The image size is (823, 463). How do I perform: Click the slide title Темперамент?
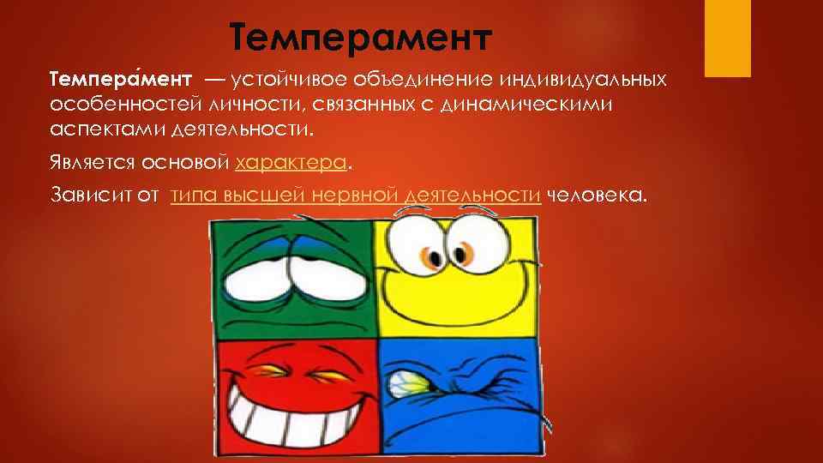pyautogui.click(x=363, y=39)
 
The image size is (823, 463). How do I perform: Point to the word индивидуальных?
pyautogui.click(x=578, y=80)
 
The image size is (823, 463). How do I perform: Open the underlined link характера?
pyautogui.click(x=291, y=162)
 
